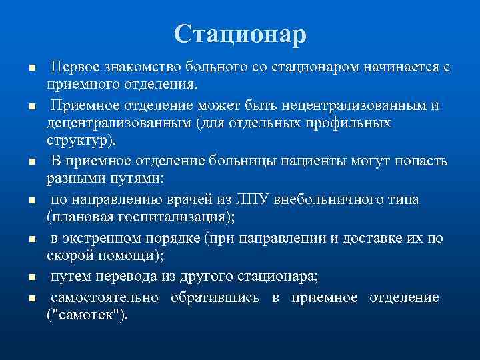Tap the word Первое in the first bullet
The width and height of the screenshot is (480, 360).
[x=74, y=67]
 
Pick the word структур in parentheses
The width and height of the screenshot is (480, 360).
[x=77, y=141]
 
